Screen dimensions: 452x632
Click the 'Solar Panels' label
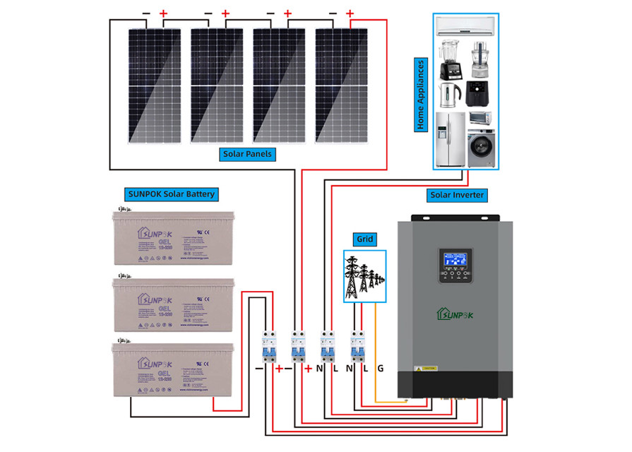[x=246, y=153]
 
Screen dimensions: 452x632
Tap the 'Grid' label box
[x=366, y=239]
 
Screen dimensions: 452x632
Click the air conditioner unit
[x=466, y=27]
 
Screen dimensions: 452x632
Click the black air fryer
[x=476, y=93]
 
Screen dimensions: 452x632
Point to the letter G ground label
[x=381, y=368]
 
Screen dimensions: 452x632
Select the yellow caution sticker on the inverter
[x=428, y=369]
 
